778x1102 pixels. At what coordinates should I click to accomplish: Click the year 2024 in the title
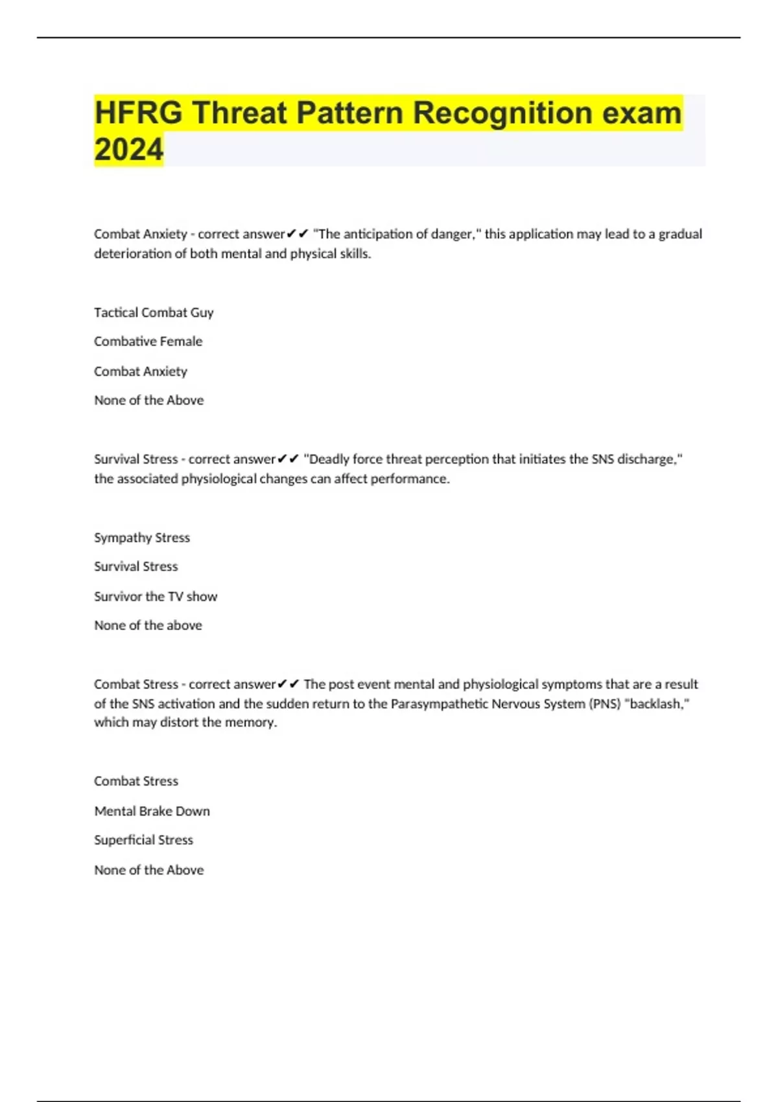[x=128, y=149]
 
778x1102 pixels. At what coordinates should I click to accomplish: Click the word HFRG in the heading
[x=138, y=113]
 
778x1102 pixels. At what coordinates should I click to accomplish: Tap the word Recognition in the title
[x=501, y=113]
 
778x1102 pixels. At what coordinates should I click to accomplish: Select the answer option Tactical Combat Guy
[x=154, y=312]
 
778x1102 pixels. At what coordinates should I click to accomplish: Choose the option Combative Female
[x=148, y=342]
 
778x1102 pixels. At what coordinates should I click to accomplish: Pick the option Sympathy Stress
[x=142, y=537]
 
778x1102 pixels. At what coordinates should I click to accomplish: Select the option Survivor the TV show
[x=156, y=596]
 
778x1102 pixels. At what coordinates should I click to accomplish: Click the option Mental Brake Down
[x=152, y=811]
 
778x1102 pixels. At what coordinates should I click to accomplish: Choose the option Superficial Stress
[x=143, y=840]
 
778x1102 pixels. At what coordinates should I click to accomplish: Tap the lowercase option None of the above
[x=148, y=626]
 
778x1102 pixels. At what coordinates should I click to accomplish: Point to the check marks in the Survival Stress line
[x=288, y=460]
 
